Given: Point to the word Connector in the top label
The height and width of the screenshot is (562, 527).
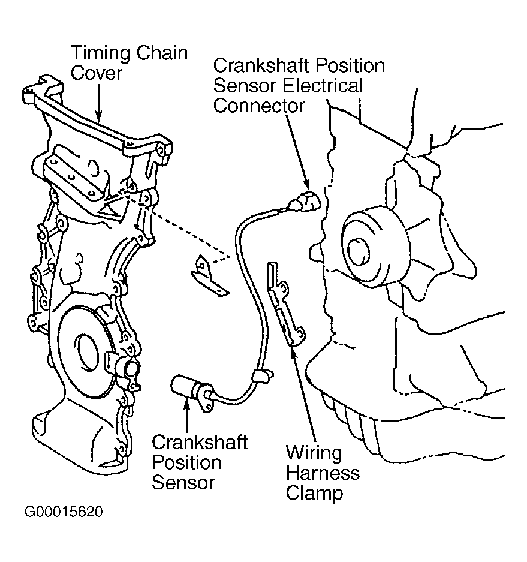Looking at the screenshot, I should point(259,106).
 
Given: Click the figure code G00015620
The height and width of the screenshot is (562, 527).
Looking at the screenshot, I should point(64,512).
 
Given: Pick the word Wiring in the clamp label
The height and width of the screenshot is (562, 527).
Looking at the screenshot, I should point(313,452).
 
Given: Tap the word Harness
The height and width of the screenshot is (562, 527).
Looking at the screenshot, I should point(323,473).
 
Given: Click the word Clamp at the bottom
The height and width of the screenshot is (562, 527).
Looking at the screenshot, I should point(314,494).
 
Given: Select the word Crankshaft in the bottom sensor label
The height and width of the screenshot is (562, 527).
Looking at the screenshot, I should point(200,443).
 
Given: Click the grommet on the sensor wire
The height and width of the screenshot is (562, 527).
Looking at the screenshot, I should point(262,376).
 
